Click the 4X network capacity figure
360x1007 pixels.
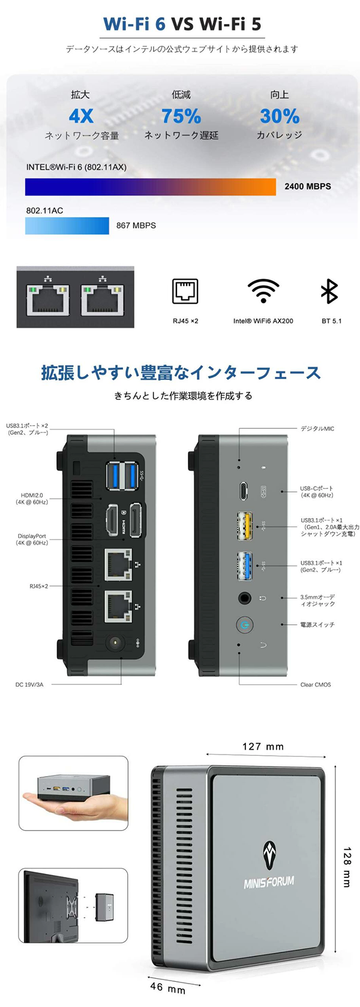81,115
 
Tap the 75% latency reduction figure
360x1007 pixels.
181,115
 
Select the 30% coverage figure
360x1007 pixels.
280,115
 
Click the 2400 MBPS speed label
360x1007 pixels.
307,187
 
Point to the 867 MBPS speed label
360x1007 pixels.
136,226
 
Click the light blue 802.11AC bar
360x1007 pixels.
67,226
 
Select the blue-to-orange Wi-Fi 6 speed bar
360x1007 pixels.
150,187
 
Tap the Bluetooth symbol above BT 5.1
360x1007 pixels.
329,291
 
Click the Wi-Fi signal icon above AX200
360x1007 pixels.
263,291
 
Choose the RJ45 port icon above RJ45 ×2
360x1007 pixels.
185,291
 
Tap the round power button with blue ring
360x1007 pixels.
244,625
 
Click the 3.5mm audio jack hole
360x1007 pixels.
244,598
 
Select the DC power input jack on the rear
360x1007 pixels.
115,644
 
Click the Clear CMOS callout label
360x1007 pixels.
316,684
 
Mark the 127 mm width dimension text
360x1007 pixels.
263,747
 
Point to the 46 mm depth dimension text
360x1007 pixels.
167,987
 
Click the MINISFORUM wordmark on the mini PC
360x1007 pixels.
269,882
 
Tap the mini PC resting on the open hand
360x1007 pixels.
73,787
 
